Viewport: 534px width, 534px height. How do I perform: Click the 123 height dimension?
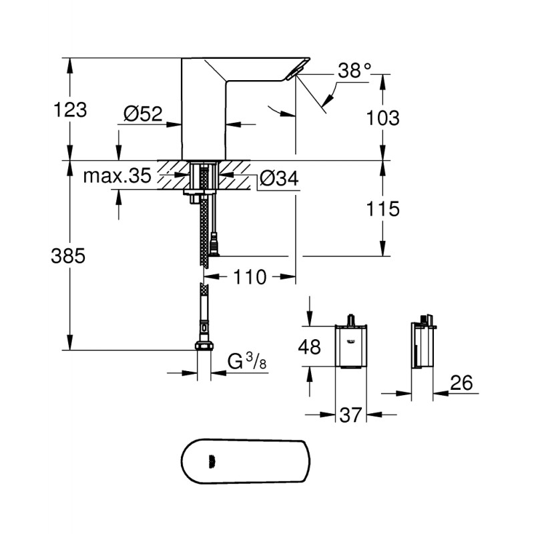point(70,109)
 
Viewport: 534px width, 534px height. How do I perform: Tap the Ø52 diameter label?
point(143,115)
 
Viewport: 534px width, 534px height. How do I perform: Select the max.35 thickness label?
point(117,177)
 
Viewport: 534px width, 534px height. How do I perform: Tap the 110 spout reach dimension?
point(250,276)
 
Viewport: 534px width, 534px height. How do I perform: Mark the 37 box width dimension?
point(350,415)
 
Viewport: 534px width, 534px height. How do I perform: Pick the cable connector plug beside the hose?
point(214,246)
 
